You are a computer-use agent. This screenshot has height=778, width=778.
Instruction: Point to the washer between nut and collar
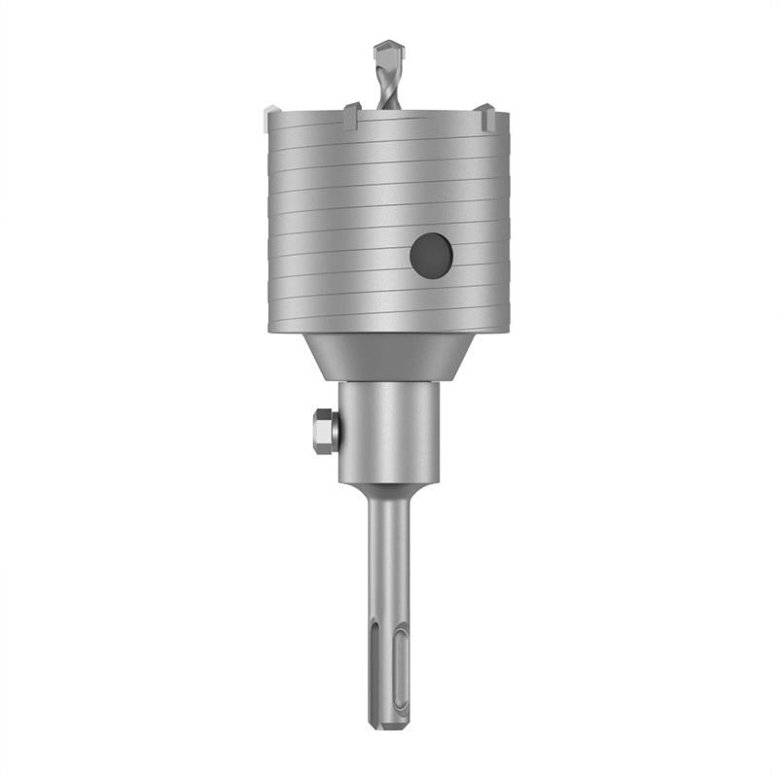[336, 430]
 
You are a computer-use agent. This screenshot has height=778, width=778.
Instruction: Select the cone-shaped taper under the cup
[386, 356]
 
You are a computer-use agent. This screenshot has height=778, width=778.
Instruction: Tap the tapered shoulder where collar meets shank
[386, 491]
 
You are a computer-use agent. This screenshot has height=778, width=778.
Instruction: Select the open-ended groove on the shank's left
[373, 681]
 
